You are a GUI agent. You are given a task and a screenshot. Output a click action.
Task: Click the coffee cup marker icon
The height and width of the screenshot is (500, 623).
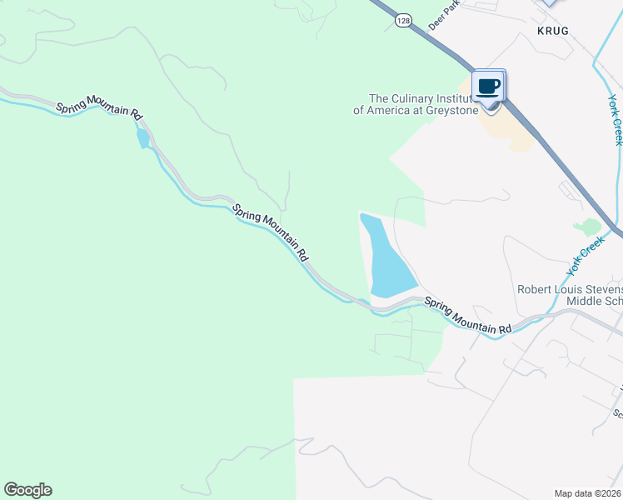tap(489, 87)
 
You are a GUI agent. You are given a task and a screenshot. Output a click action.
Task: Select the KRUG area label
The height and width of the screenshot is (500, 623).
tap(552, 30)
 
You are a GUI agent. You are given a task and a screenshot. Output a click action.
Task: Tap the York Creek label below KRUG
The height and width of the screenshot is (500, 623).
tap(615, 119)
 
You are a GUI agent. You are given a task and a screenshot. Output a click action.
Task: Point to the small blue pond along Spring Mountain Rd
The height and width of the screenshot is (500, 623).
tap(143, 137)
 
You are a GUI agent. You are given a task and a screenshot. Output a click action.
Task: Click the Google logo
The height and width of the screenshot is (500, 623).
tap(27, 490)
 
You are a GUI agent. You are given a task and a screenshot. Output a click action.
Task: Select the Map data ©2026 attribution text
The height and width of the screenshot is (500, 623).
tap(587, 493)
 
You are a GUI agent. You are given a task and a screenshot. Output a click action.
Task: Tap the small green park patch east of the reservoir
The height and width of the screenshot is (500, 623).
tap(589, 226)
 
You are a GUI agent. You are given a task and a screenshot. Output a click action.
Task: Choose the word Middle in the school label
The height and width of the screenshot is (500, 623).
tap(583, 301)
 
